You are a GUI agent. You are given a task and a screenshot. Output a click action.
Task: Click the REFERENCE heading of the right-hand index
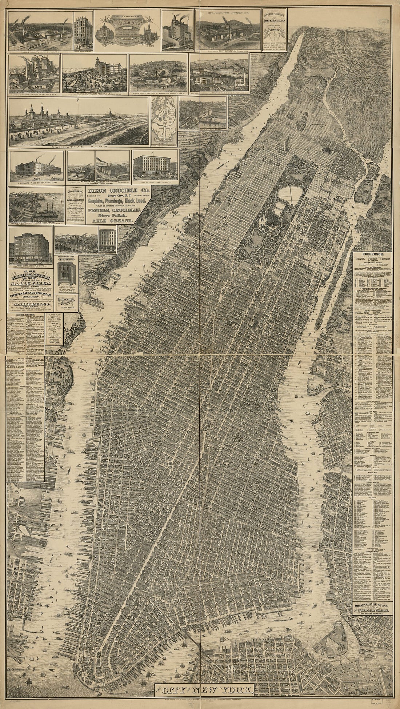[372, 254]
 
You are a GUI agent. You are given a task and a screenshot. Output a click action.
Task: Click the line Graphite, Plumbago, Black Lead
[115, 201]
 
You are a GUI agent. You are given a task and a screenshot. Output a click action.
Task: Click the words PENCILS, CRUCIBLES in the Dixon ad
[115, 210]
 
